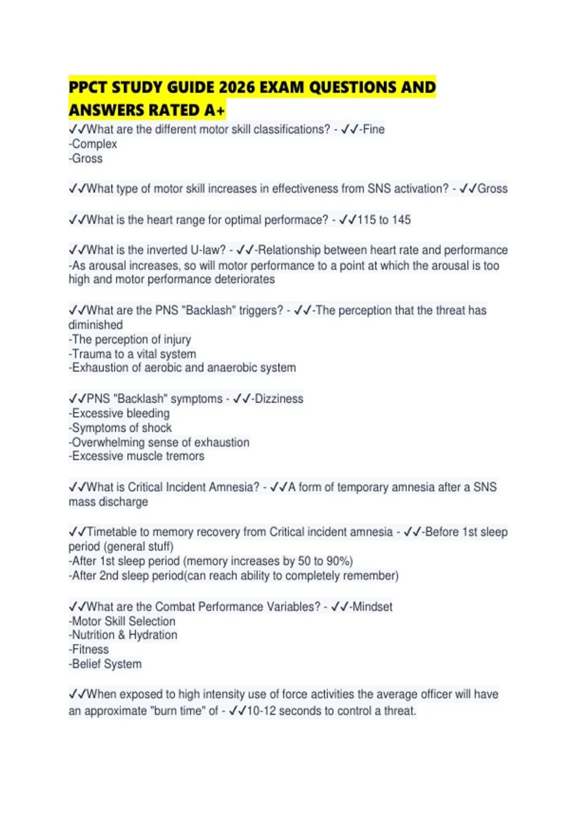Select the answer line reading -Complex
pyautogui.click(x=93, y=144)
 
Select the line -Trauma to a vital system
pyautogui.click(x=132, y=354)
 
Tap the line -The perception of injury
pyautogui.click(x=130, y=339)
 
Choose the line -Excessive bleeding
pyautogui.click(x=119, y=413)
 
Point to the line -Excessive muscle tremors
pyautogui.click(x=137, y=456)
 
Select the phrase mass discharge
pyautogui.click(x=108, y=502)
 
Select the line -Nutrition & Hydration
pyautogui.click(x=123, y=635)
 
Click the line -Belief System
pyautogui.click(x=105, y=664)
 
